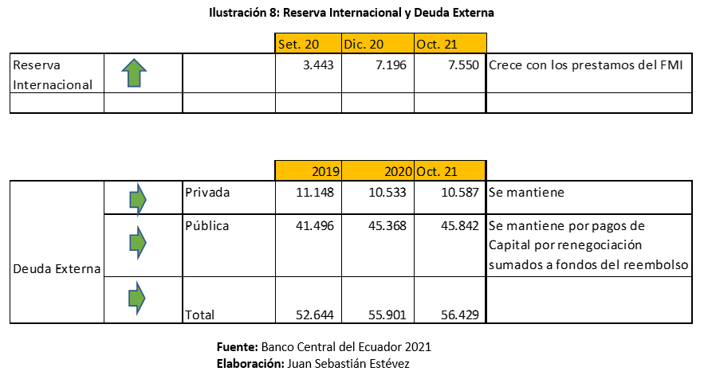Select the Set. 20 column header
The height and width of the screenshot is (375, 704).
pyautogui.click(x=298, y=44)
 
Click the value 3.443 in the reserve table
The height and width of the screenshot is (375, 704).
pyautogui.click(x=320, y=64)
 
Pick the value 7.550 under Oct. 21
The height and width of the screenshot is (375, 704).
pyautogui.click(x=460, y=64)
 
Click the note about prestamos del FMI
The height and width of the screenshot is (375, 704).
pyautogui.click(x=589, y=64)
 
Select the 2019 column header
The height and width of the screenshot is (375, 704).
pyautogui.click(x=325, y=171)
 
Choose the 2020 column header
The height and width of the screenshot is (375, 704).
pyautogui.click(x=395, y=171)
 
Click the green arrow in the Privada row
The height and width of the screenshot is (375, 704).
pyautogui.click(x=138, y=199)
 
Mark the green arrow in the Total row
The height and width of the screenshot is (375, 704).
pyautogui.click(x=138, y=298)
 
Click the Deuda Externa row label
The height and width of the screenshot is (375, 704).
pyautogui.click(x=57, y=269)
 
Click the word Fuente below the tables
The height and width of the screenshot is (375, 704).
pyautogui.click(x=237, y=348)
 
